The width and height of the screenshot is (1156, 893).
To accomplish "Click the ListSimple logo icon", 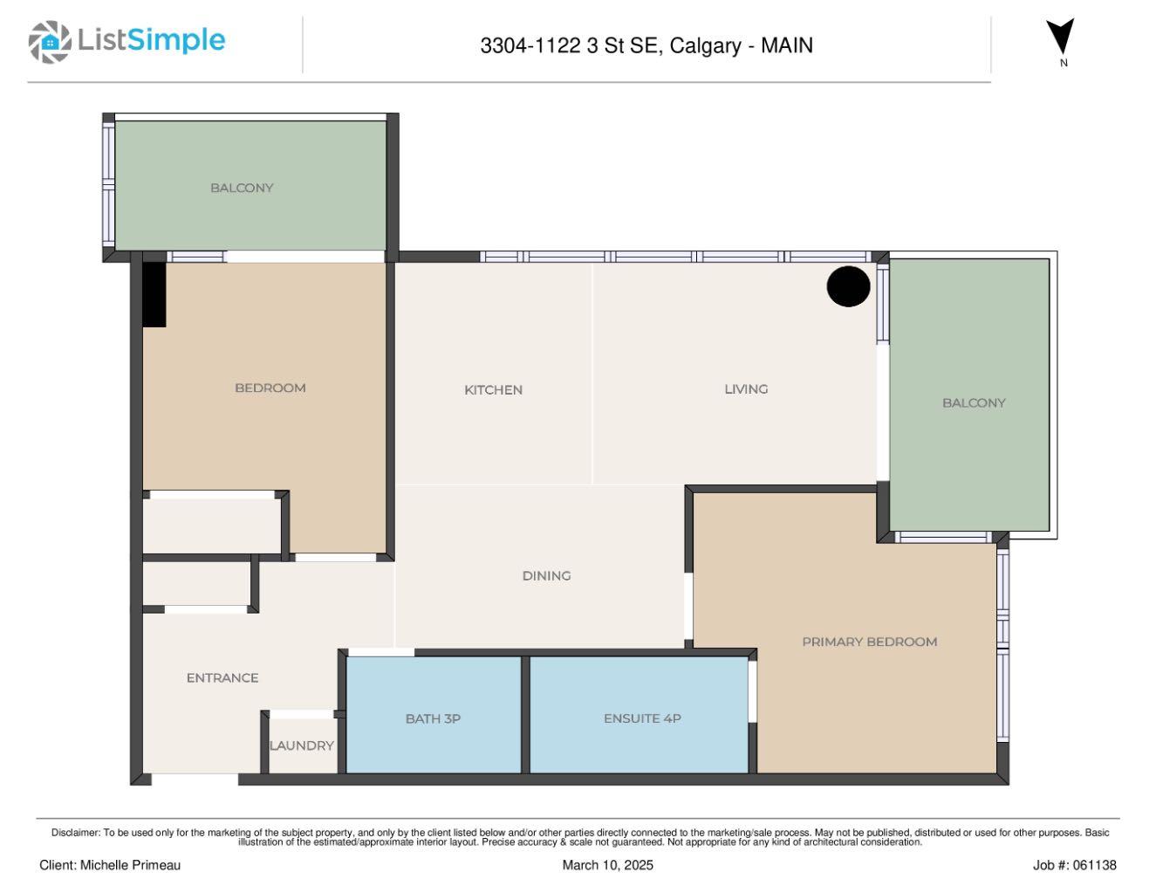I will pos(50,42).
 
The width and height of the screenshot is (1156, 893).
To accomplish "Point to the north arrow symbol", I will pos(1060,38).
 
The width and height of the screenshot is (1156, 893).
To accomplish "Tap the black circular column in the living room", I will pos(848,286).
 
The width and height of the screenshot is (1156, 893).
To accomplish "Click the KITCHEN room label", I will pos(493,390).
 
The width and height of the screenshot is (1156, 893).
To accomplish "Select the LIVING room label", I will pos(746,389).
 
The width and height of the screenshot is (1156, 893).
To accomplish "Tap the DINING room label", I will pos(546,576).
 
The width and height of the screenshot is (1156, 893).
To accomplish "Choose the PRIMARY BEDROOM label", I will pos(869,642).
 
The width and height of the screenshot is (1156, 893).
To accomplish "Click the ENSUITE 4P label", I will pos(642,718).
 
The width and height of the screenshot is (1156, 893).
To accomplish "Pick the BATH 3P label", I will pos(433,719).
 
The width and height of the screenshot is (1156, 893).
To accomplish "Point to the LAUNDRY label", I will pos(301,745).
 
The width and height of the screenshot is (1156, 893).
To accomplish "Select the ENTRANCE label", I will pos(222,678).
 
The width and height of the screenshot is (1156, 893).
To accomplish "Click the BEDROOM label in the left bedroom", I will pos(270,388).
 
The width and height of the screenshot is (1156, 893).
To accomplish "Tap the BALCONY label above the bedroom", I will pos(242,188).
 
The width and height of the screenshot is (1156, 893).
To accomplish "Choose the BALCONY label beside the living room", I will pos(974,403).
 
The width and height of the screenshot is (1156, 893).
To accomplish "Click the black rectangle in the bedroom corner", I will pos(154,295).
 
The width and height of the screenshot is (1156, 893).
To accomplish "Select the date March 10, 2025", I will pos(607,865).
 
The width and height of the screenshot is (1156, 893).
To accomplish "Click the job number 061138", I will pos(1094,865).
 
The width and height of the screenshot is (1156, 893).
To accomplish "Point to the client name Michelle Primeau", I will pos(130,865).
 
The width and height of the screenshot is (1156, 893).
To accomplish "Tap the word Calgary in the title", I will pos(705,45).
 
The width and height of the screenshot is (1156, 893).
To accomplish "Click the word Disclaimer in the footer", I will pos(75,833).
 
